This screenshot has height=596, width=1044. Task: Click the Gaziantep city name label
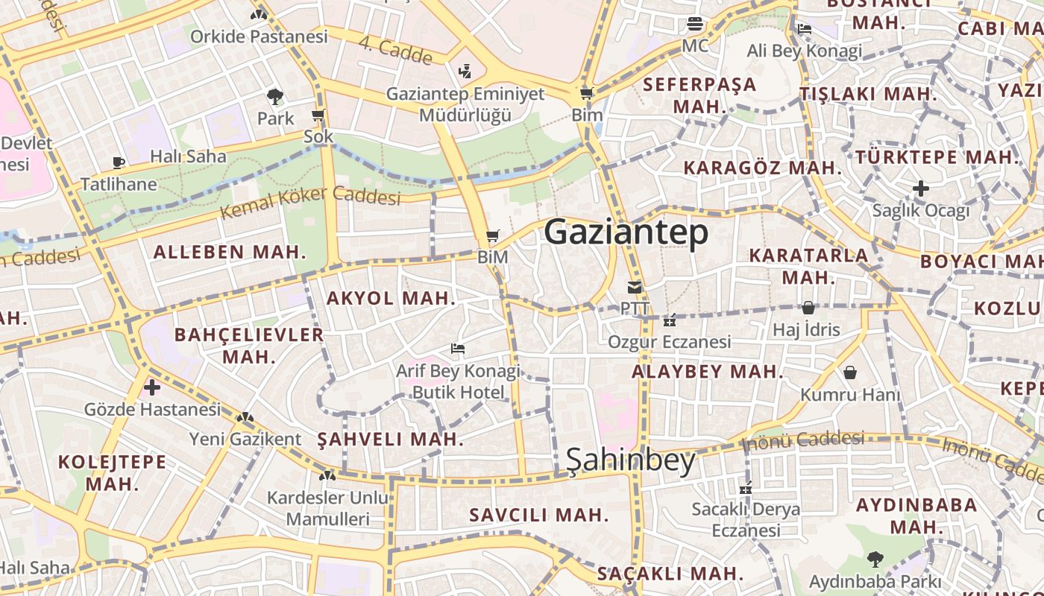[x=626, y=233]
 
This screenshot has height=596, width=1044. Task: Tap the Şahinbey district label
[x=631, y=460]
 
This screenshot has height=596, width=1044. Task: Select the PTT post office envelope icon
[x=635, y=287]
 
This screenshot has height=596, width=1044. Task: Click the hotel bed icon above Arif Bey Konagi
[x=458, y=349]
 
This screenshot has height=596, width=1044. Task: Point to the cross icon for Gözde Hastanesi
[x=152, y=387]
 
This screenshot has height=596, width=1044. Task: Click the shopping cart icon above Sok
[x=318, y=115]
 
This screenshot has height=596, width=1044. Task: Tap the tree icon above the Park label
[x=275, y=96]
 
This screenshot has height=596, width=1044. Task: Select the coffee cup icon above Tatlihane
[x=118, y=162]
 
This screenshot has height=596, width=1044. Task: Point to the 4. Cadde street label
[x=395, y=50]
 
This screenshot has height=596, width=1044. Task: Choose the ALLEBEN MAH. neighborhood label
[x=230, y=252]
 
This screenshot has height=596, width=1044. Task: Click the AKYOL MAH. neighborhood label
[x=391, y=299]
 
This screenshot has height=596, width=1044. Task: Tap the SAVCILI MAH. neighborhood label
[x=538, y=515]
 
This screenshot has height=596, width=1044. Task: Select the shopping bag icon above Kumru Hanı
[x=850, y=372]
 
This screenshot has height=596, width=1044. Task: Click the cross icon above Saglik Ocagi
[x=921, y=188]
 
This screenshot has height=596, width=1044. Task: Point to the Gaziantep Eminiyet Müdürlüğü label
[x=465, y=105]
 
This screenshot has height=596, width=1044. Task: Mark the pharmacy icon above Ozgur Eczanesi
[x=670, y=320]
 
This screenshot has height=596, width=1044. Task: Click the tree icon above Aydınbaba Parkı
[x=875, y=559]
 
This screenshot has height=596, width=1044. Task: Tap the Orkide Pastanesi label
[x=259, y=37]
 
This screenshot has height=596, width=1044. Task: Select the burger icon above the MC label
[x=695, y=24]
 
